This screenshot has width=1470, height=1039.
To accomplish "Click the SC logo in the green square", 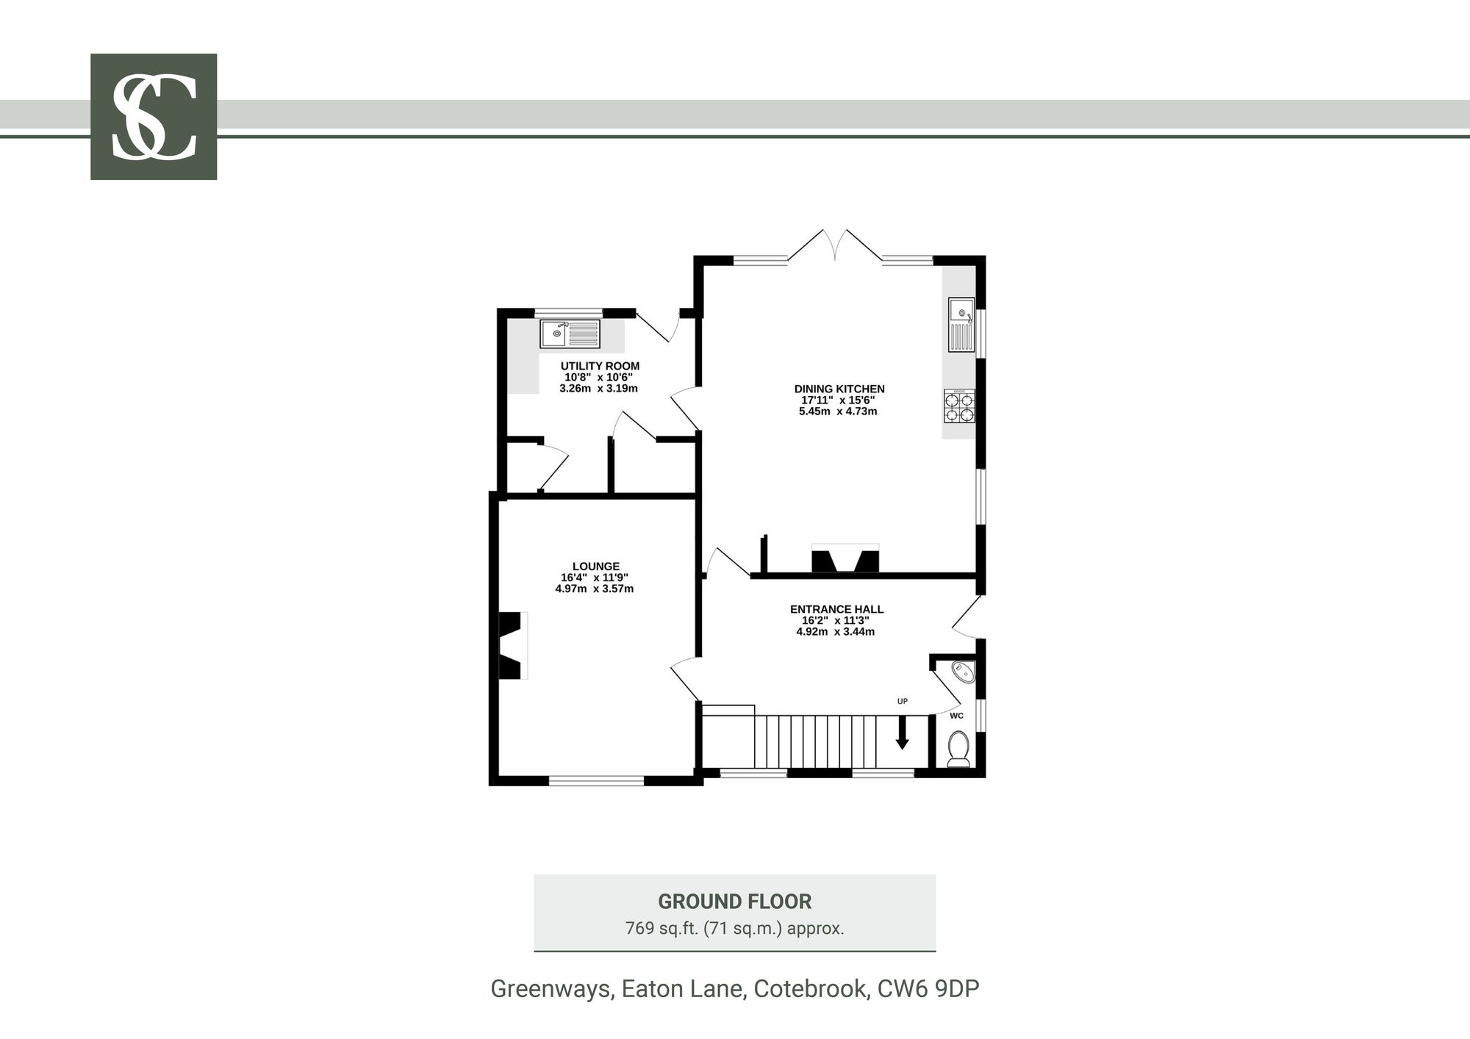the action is click(154, 117).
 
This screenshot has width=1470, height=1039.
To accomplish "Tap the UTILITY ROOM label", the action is click(600, 366).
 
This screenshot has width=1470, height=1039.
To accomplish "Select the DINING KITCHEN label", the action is click(839, 389).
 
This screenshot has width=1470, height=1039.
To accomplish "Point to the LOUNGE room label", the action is click(596, 567).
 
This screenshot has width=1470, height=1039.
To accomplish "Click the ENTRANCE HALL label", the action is click(836, 609).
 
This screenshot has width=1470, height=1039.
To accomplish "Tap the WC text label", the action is click(956, 716).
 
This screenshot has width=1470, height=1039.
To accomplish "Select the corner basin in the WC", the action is click(964, 672).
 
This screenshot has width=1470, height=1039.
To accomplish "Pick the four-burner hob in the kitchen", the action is click(959, 406).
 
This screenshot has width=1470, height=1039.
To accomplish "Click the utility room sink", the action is click(570, 334).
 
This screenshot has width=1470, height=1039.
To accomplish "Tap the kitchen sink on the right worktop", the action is click(961, 325).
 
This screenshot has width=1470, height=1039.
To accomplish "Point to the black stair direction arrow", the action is click(902, 733).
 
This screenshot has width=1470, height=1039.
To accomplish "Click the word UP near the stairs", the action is click(903, 702).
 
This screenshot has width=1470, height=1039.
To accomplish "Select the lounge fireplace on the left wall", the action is click(512, 646).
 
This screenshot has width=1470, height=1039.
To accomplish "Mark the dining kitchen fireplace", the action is click(845, 558).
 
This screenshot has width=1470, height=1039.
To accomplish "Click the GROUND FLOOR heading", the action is click(735, 902).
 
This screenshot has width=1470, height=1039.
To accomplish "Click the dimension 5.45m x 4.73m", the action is click(838, 411).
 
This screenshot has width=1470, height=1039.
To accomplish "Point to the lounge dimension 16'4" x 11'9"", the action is click(595, 578).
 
